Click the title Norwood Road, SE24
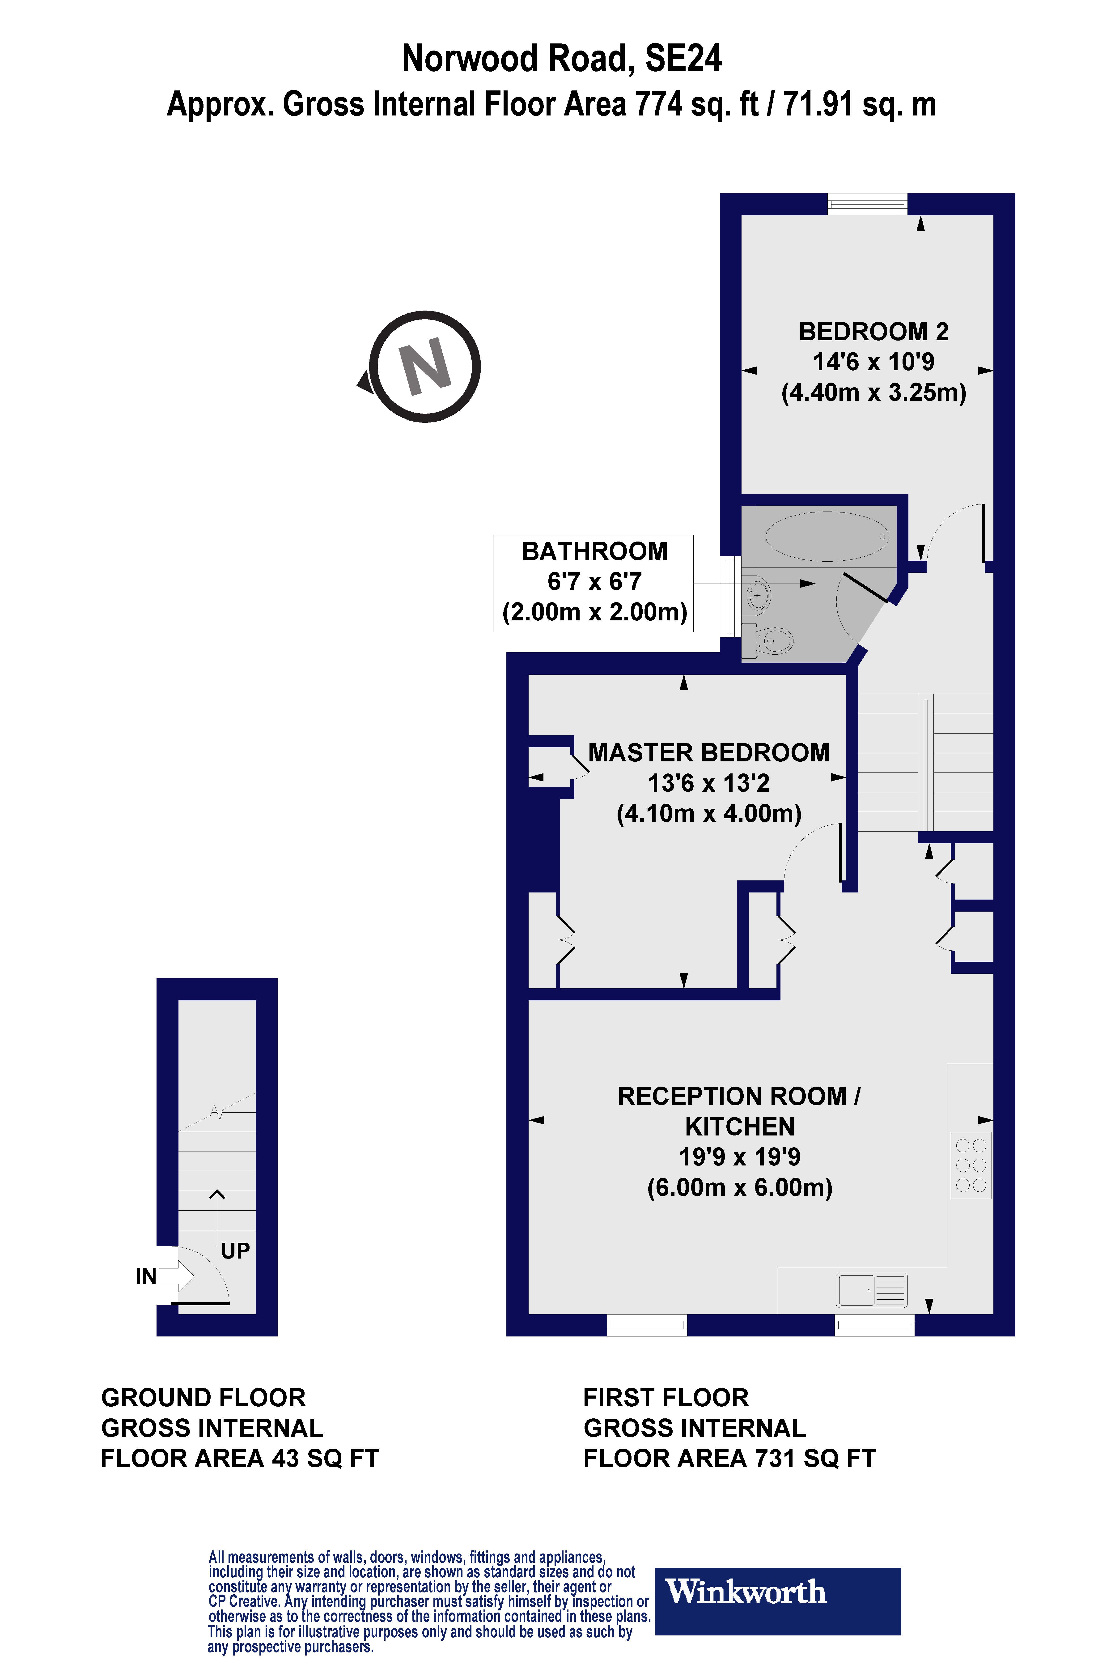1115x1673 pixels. tap(562, 58)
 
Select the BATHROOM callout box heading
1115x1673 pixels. tap(594, 551)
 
